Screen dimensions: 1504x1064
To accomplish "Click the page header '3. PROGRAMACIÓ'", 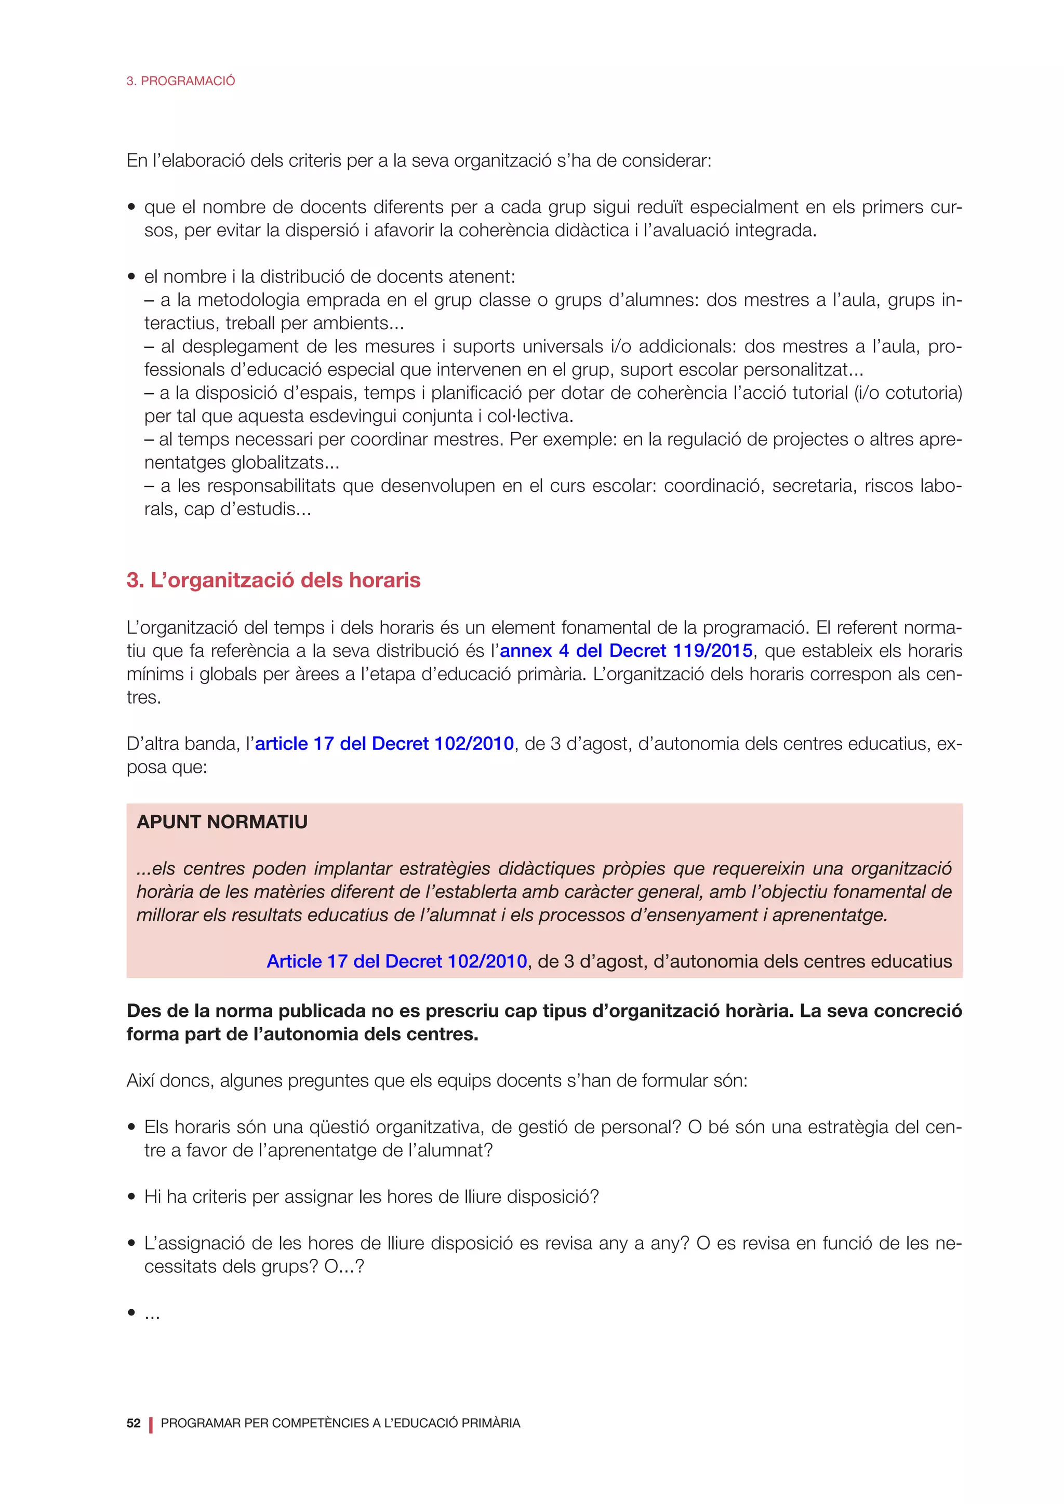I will point(180,80).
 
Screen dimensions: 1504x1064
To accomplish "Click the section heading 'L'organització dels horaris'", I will point(285,581).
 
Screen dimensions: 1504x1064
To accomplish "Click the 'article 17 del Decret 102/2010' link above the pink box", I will point(384,744).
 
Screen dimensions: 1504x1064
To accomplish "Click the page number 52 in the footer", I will point(134,1423).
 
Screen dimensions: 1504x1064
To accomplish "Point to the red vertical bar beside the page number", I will point(151,1424).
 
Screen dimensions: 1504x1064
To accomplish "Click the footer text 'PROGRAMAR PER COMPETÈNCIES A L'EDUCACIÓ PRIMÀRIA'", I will point(340,1423).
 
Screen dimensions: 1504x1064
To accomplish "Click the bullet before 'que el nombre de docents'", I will point(131,208).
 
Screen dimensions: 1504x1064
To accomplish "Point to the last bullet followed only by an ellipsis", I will point(131,1313).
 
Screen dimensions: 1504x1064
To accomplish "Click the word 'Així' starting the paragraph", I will point(141,1080).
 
